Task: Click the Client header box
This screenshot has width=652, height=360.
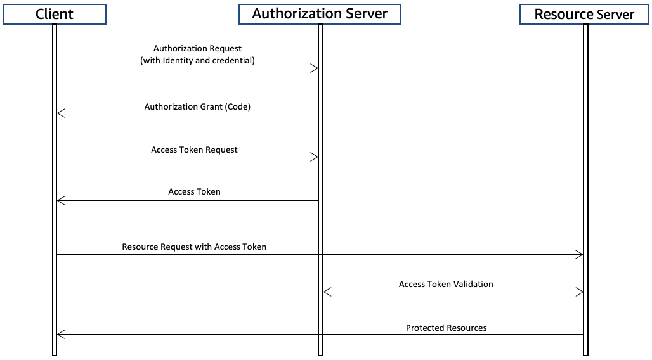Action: point(54,14)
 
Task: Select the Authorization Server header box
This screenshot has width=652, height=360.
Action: point(320,14)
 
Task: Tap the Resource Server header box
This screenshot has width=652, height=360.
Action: point(584,14)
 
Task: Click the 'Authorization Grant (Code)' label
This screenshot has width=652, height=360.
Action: point(197,106)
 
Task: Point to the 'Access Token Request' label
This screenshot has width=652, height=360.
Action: point(194,150)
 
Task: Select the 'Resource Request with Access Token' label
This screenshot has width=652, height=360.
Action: point(194,247)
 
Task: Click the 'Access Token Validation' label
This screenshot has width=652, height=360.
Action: point(446,284)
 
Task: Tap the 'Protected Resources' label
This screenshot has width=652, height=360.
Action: point(446,328)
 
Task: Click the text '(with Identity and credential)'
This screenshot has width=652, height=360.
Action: point(197,60)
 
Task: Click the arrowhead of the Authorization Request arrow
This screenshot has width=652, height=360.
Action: point(315,68)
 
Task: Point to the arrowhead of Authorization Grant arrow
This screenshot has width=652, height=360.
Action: point(60,113)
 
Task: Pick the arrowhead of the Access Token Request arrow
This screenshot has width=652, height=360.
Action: point(315,157)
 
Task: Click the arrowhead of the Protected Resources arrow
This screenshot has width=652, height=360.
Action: point(60,335)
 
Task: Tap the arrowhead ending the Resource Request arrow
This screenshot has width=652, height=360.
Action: point(579,255)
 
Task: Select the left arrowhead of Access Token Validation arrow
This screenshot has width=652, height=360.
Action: point(327,292)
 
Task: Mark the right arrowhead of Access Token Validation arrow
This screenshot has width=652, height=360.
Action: point(579,292)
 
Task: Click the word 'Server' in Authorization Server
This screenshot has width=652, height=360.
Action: point(364,14)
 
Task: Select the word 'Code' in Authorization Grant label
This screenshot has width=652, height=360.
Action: point(238,106)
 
